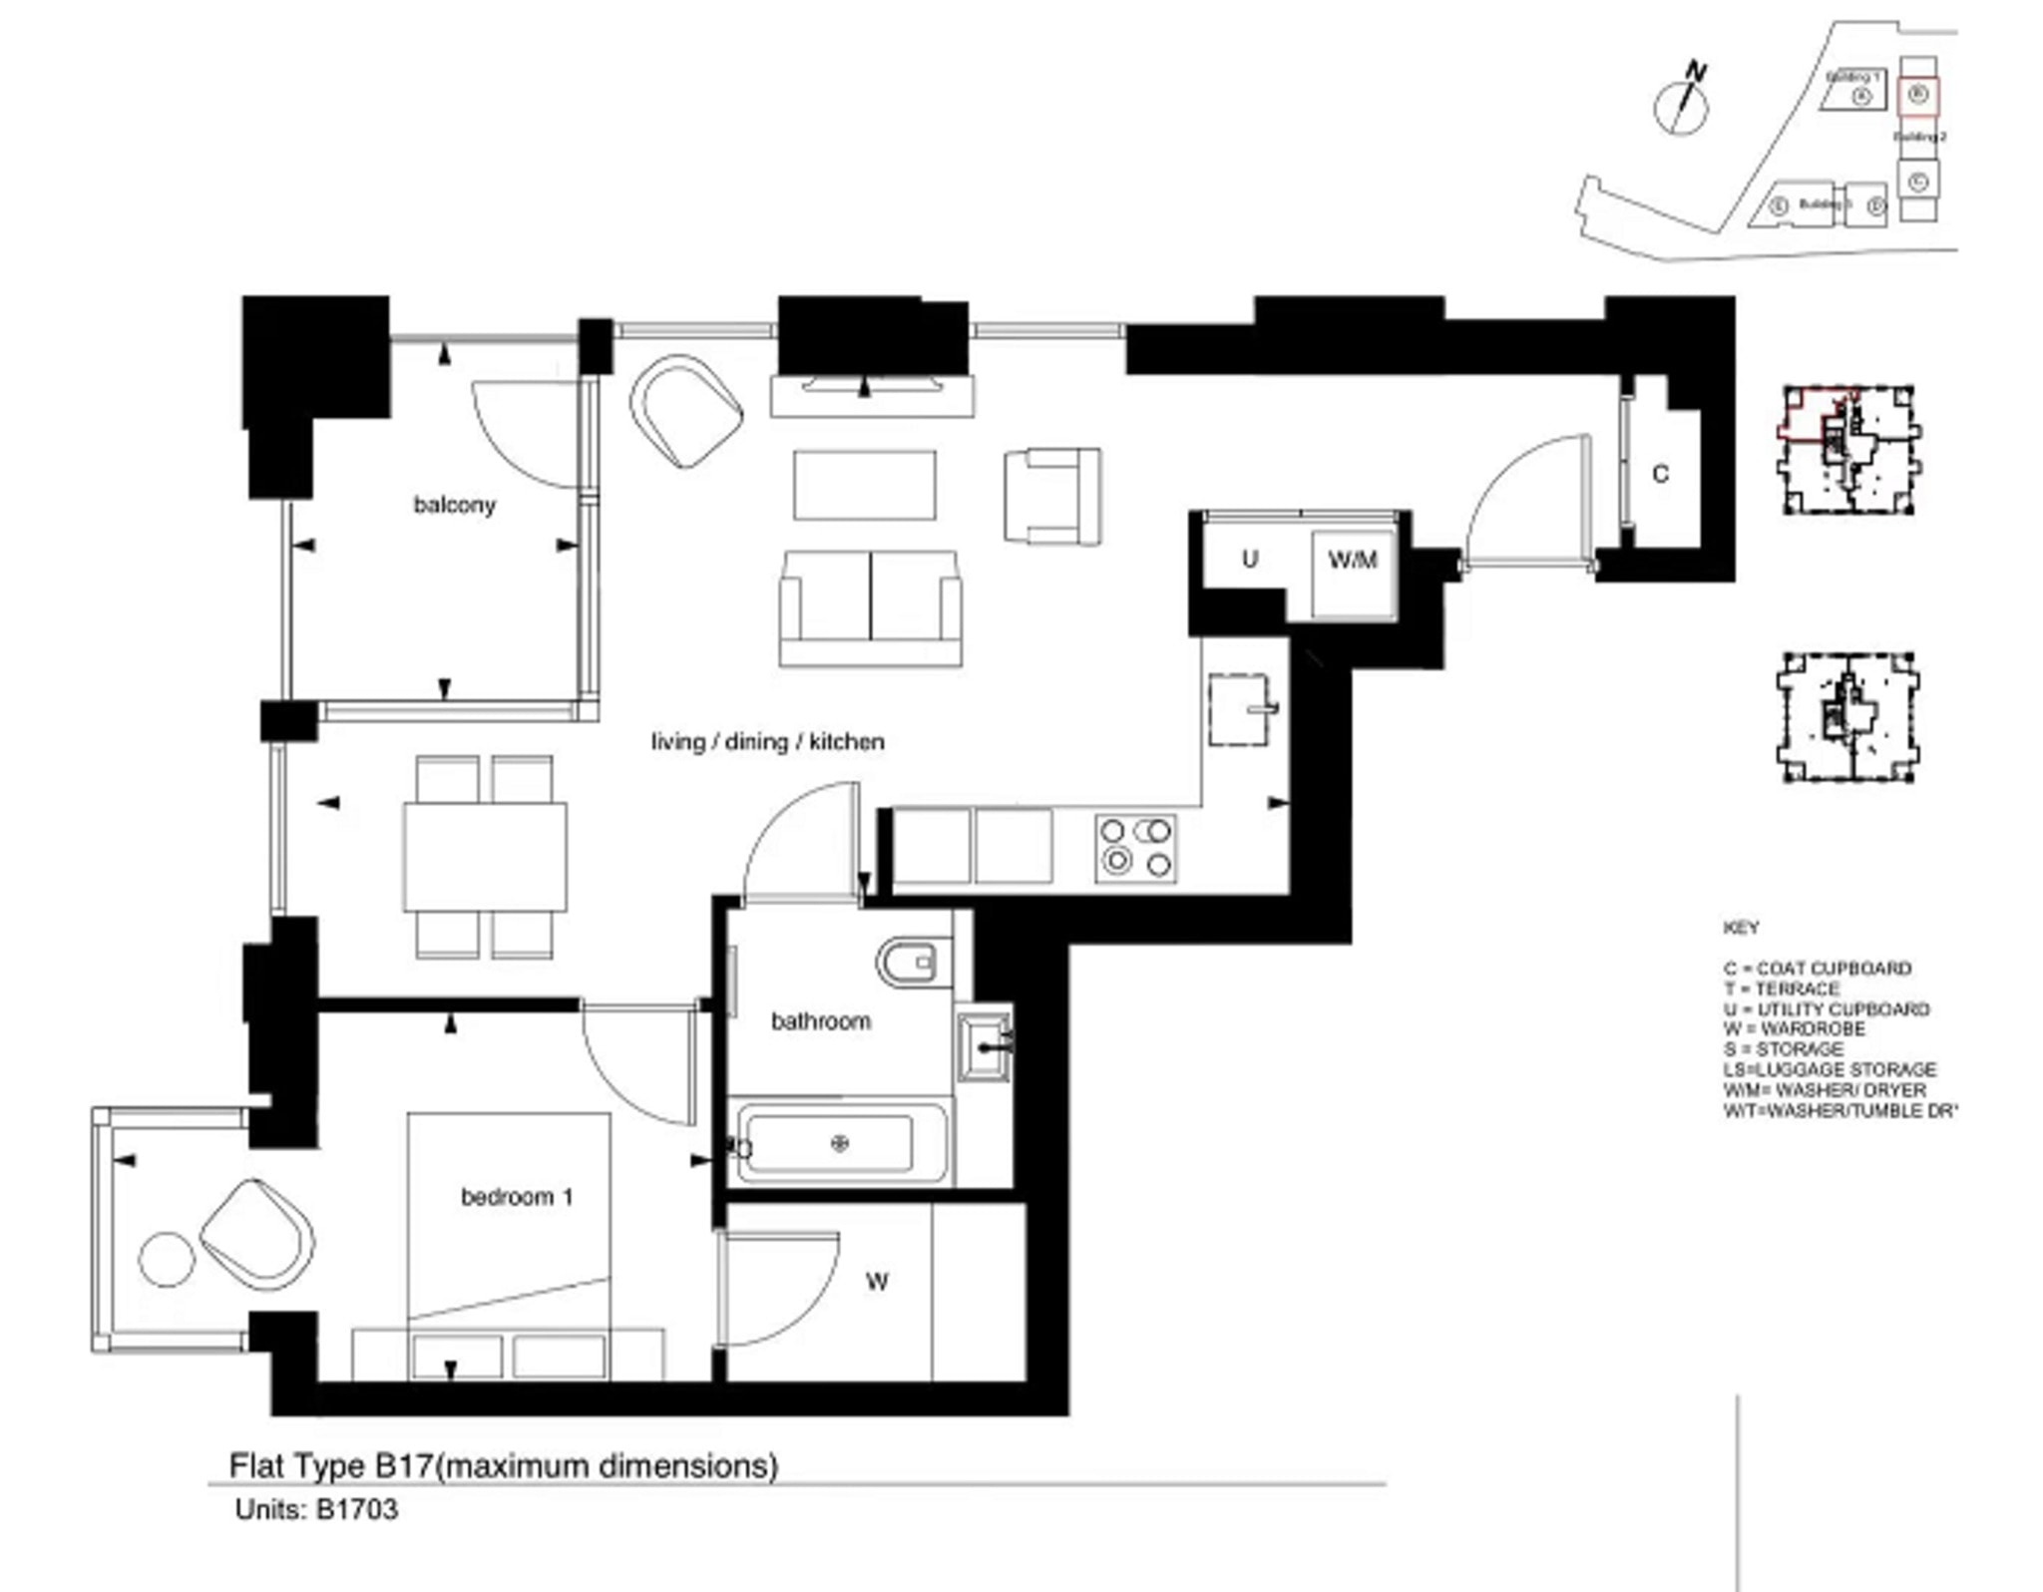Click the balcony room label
click(x=454, y=505)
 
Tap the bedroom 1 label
click(x=516, y=1196)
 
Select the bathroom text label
click(x=820, y=1020)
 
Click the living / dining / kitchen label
click(x=767, y=741)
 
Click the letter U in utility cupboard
click(x=1249, y=559)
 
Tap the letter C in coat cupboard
click(x=1660, y=474)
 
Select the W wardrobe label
click(x=877, y=1282)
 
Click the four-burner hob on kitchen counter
click(x=1135, y=848)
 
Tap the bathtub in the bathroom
click(x=836, y=1143)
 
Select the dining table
click(x=485, y=856)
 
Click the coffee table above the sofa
click(x=864, y=485)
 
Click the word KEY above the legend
click(x=1741, y=927)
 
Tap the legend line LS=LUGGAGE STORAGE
click(x=1830, y=1068)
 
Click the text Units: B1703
click(x=316, y=1509)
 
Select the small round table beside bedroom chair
click(x=165, y=1259)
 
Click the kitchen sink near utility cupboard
click(x=1240, y=709)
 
